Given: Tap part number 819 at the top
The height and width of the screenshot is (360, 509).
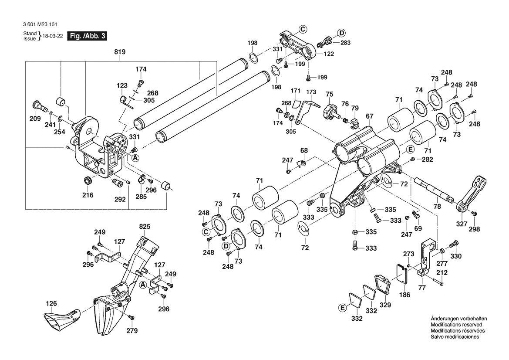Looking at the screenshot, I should (x=120, y=52).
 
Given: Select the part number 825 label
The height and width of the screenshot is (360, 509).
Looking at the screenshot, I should (x=145, y=227).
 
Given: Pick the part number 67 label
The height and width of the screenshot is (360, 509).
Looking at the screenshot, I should (x=370, y=116).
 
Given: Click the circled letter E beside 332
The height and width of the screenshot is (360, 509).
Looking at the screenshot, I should (x=343, y=308).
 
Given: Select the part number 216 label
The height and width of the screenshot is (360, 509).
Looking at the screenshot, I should (x=88, y=195).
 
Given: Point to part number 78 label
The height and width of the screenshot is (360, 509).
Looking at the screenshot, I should (x=437, y=206).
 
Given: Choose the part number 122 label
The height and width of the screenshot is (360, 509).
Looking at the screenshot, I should (x=329, y=54).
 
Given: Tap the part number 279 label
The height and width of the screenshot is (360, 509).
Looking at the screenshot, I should (x=131, y=331).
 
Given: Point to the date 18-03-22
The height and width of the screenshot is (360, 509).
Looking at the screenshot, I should (x=51, y=36).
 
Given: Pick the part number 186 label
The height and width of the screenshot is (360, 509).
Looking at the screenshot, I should (x=405, y=295).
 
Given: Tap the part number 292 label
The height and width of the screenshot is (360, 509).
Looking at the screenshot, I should (x=120, y=199).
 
